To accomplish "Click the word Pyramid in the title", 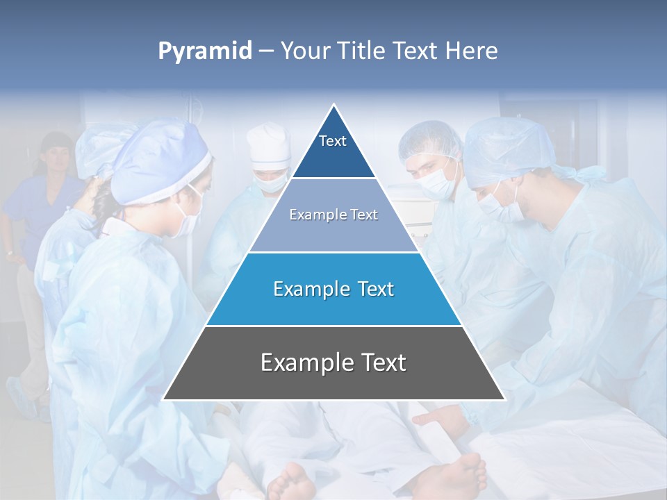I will [204, 51].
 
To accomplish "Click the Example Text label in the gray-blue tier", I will [333, 215].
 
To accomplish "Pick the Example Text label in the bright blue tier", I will [333, 289].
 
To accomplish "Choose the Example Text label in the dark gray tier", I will [333, 362].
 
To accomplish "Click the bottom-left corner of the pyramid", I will [164, 399].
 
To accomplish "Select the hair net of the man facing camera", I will [429, 139].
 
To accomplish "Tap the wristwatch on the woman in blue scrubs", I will [9, 251].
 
